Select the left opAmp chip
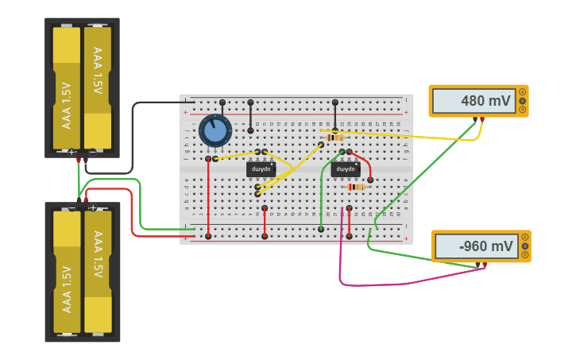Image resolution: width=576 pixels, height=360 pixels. click(261, 169)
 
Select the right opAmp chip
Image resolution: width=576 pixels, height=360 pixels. click(346, 169)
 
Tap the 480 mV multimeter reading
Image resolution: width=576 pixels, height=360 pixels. click(474, 101)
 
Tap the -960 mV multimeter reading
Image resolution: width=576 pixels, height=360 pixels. click(476, 246)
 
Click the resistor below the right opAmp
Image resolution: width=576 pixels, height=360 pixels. click(356, 187)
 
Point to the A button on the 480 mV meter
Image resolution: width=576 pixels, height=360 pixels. click(522, 92)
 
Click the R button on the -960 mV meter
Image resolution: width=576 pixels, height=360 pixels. click(524, 255)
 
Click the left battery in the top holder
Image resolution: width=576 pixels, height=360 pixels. click(67, 87)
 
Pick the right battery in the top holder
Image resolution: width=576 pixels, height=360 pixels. click(98, 87)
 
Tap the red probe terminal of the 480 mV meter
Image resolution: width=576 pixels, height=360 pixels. click(481, 119)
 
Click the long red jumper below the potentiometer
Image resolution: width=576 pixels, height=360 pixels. click(208, 199)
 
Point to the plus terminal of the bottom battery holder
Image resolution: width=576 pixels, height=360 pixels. click(93, 208)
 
